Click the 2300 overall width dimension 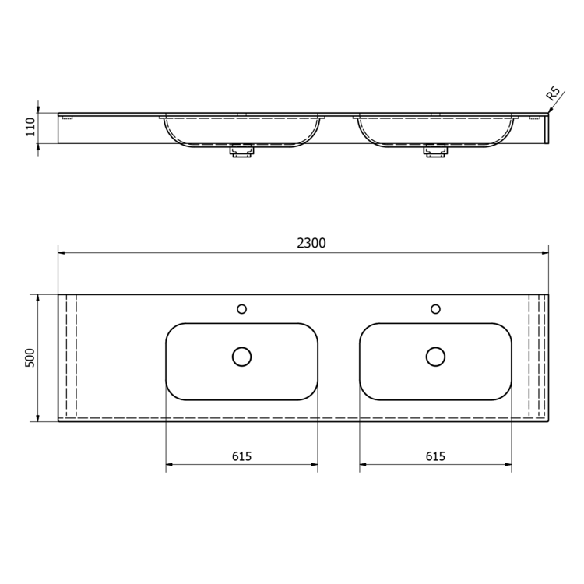click(x=311, y=243)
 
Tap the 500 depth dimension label click(x=30, y=358)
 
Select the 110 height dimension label click(x=30, y=127)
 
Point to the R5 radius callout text click(x=553, y=93)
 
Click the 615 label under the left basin click(x=241, y=456)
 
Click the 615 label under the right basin click(x=435, y=456)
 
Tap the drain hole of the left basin click(x=241, y=357)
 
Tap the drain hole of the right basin click(x=435, y=357)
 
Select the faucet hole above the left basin click(x=241, y=309)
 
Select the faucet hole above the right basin click(x=435, y=309)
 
